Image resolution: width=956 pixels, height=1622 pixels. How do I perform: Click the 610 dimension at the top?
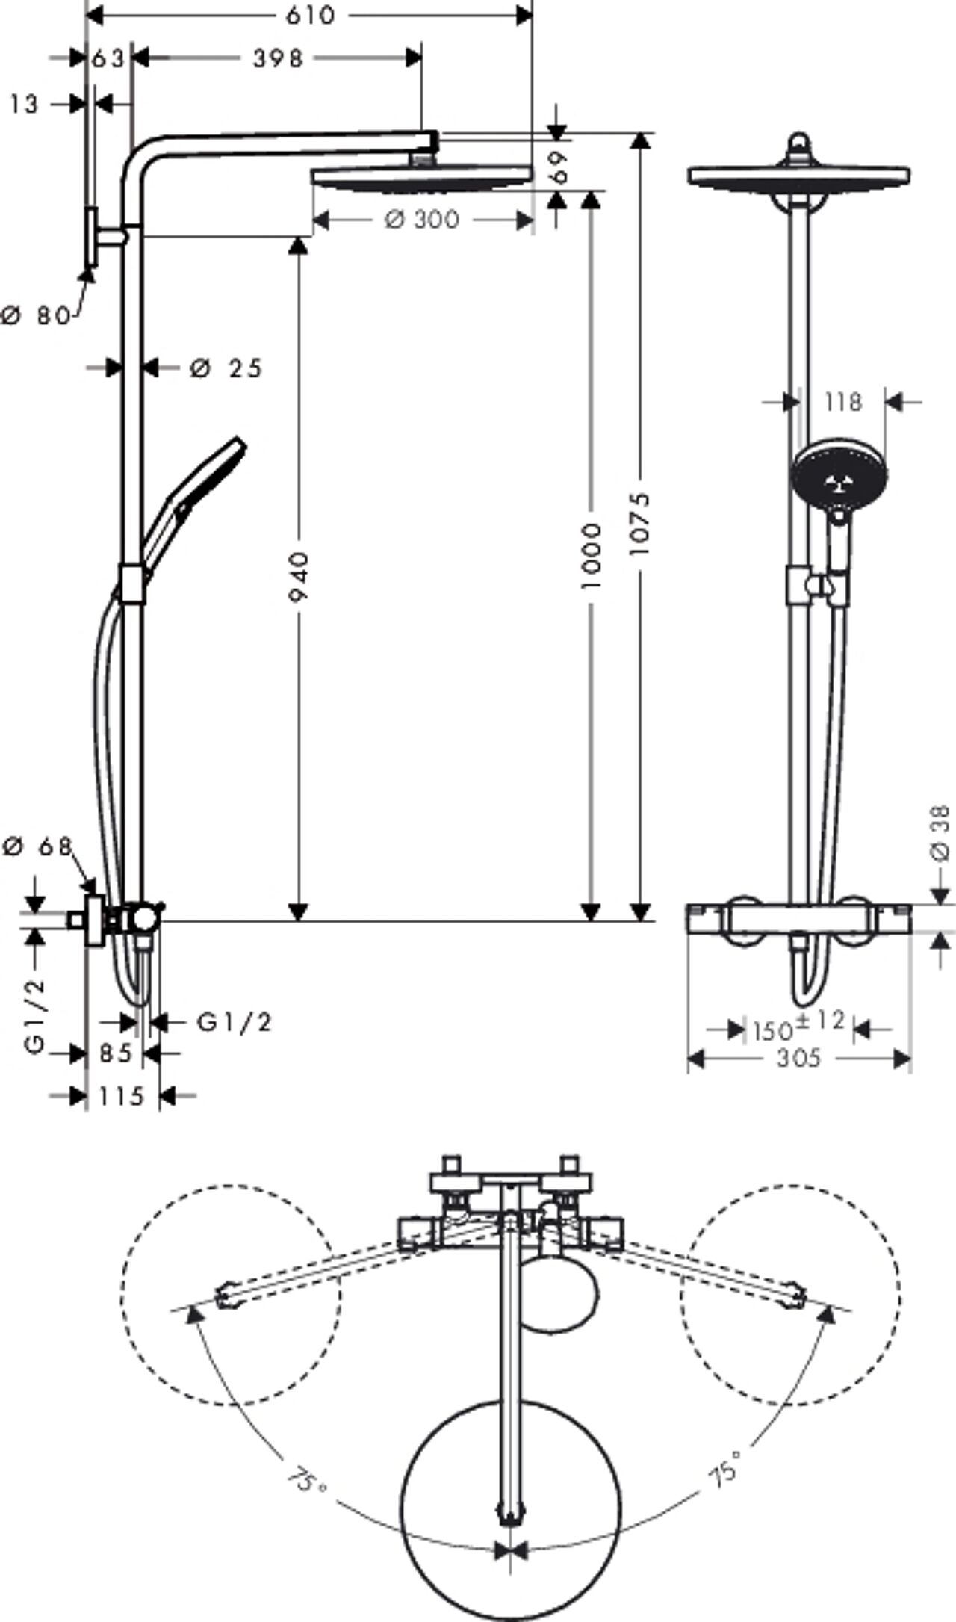(310, 15)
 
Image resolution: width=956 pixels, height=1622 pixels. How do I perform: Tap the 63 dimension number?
(109, 58)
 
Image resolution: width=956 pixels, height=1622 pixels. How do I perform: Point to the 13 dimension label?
(24, 104)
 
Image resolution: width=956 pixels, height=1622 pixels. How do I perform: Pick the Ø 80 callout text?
(36, 315)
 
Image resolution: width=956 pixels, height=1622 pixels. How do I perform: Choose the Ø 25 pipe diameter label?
(226, 368)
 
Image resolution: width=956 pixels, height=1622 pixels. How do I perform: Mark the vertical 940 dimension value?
(299, 578)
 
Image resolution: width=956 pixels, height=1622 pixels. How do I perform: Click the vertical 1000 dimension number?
(591, 555)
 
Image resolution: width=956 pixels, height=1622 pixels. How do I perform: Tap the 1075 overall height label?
(640, 523)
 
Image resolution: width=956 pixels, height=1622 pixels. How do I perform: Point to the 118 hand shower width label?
(843, 402)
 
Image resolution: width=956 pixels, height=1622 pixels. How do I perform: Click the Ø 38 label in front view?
(941, 832)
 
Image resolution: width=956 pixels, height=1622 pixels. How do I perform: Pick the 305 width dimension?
(798, 1058)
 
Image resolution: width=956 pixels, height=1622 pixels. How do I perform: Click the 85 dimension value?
(116, 1053)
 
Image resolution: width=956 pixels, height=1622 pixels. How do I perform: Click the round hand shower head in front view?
(841, 475)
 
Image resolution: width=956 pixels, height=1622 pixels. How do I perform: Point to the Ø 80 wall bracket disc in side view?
(93, 238)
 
